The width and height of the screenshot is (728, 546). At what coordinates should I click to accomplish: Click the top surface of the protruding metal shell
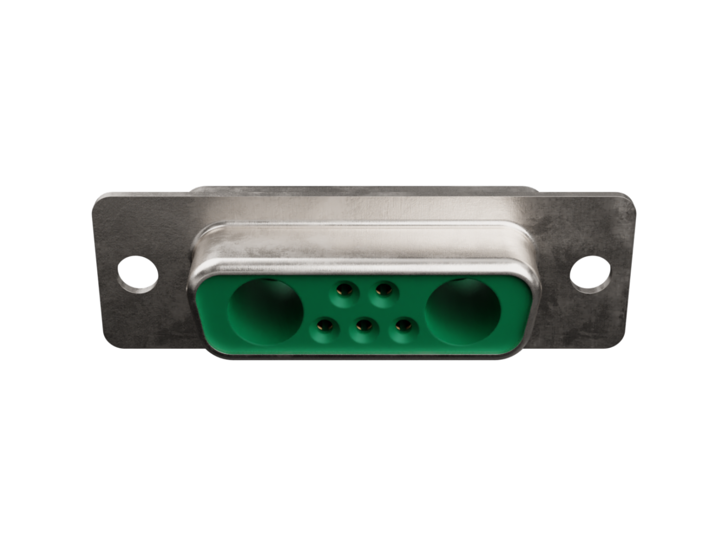pyautogui.click(x=364, y=245)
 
